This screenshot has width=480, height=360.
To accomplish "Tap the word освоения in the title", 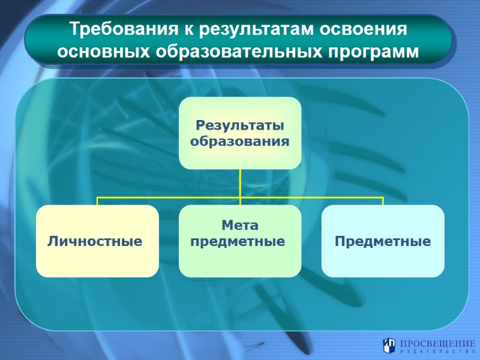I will click(369, 29).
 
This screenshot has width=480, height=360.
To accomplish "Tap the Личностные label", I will click(95, 242).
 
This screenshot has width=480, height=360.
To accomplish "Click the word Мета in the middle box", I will click(240, 226).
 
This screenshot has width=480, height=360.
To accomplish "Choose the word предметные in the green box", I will click(238, 242).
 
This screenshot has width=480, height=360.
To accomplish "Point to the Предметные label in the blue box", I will click(383, 242).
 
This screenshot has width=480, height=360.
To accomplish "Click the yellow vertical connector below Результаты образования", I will click(240, 182).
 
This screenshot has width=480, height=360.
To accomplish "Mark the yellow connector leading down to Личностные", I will click(98, 201).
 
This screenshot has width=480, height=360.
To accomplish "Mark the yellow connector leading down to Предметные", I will click(383, 201).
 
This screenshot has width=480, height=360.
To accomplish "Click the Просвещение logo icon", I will click(389, 345).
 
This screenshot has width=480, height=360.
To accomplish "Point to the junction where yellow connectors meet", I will click(240, 197).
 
